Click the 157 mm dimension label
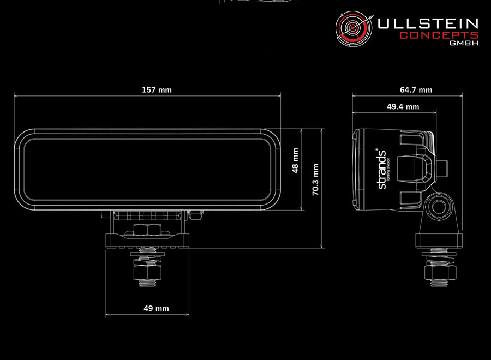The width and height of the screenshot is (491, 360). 157,90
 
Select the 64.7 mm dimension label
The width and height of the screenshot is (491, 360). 416,90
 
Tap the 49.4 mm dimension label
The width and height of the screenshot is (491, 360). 403,107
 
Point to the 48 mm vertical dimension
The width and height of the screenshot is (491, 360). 295,160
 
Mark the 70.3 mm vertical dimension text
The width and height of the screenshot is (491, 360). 315,179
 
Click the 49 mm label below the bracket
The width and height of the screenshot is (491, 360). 156,309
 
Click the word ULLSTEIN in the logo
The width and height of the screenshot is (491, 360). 428,24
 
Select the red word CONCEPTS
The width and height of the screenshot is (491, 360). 439,35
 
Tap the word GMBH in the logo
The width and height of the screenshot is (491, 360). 464,43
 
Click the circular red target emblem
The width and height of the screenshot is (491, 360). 354,28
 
